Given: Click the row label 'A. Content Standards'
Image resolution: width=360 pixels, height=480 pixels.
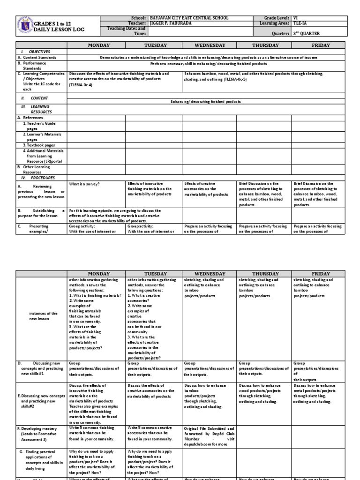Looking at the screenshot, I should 37,57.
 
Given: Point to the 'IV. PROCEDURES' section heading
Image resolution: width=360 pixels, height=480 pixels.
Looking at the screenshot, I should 37,178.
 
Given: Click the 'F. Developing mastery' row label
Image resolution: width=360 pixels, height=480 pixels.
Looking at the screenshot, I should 37,431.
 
